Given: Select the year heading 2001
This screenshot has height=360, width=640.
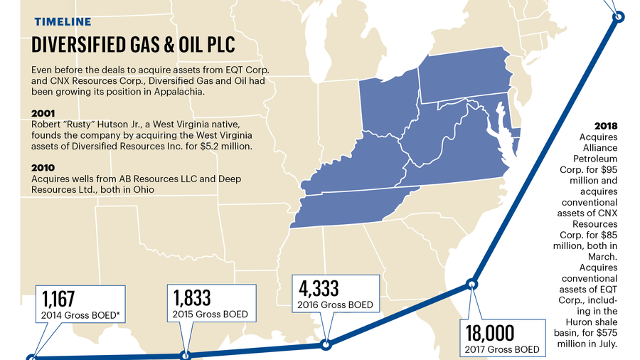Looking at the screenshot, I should pyautogui.click(x=45, y=113).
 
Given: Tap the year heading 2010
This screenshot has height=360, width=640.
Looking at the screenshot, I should pyautogui.click(x=44, y=169).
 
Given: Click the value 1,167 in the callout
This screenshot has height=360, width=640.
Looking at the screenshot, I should pyautogui.click(x=58, y=298).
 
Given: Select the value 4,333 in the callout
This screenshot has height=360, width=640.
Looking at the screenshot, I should pyautogui.click(x=319, y=289).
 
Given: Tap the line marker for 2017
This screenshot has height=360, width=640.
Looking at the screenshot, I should pyautogui.click(x=471, y=285).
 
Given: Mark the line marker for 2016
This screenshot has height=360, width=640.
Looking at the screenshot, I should pyautogui.click(x=326, y=345).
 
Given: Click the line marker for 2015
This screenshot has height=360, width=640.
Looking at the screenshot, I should pyautogui.click(x=186, y=354).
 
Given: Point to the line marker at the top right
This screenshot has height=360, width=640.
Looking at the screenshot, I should pyautogui.click(x=618, y=17).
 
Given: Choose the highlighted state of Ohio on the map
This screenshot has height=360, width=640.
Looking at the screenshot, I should pyautogui.click(x=388, y=107).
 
